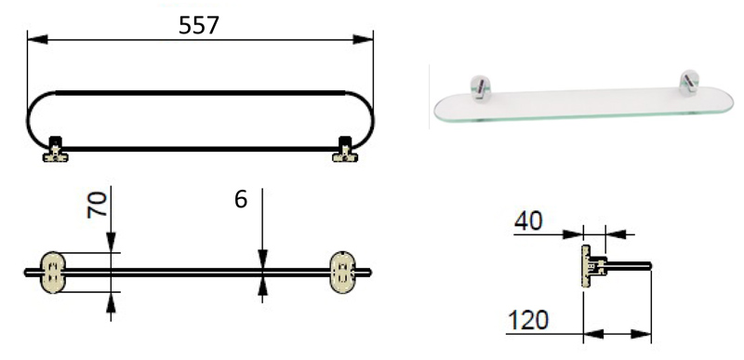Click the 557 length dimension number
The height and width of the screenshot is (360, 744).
(x=198, y=25)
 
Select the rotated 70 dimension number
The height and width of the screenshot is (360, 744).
(x=98, y=205)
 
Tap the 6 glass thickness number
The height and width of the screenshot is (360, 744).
(x=241, y=200)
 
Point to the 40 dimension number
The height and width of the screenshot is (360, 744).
(x=528, y=221)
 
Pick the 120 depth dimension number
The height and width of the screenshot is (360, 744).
(x=528, y=320)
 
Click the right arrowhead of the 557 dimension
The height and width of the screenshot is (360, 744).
(x=363, y=39)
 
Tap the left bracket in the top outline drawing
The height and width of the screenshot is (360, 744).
(x=56, y=150)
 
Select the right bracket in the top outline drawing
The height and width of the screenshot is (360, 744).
(x=345, y=150)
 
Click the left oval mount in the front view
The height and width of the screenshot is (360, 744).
(x=52, y=273)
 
